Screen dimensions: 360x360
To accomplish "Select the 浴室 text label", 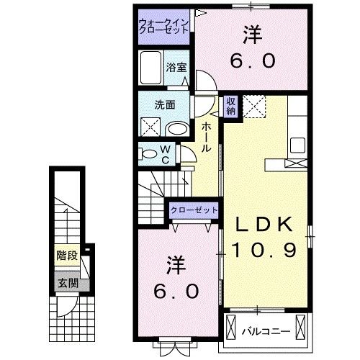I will [176, 67].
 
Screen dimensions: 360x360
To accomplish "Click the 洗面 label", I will [164, 104].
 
